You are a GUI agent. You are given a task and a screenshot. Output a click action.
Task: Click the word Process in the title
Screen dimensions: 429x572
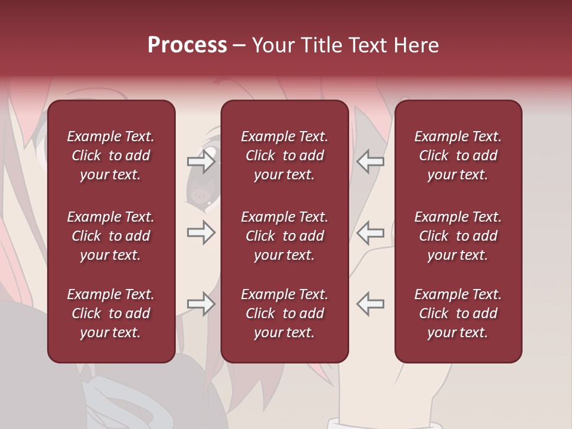187,45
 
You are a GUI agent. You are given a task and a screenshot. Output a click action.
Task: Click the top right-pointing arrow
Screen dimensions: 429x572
201,161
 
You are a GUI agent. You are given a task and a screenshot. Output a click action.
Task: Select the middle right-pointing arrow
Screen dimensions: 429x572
201,232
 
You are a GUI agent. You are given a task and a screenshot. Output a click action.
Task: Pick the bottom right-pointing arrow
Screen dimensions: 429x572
201,304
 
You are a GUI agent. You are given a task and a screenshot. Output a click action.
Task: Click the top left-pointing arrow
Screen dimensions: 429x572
371,161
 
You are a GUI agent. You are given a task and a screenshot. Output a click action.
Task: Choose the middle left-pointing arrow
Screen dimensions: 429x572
371,232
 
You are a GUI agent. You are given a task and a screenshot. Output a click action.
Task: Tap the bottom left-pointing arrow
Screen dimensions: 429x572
371,304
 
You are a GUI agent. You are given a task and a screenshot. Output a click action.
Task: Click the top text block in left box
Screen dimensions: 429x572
111,156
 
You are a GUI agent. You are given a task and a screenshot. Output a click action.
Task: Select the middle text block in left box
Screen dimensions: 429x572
111,236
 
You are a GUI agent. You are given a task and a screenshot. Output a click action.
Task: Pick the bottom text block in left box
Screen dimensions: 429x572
111,313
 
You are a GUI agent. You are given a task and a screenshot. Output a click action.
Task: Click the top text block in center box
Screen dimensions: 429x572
285,156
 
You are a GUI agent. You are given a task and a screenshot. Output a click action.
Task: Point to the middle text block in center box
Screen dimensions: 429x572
285,236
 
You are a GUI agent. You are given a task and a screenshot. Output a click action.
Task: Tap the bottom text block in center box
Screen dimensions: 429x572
285,313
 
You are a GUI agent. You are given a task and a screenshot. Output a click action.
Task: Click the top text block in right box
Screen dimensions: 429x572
458,156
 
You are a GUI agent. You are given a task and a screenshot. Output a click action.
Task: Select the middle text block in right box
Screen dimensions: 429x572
458,236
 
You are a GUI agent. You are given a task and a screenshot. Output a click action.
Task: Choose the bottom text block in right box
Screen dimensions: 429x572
458,313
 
